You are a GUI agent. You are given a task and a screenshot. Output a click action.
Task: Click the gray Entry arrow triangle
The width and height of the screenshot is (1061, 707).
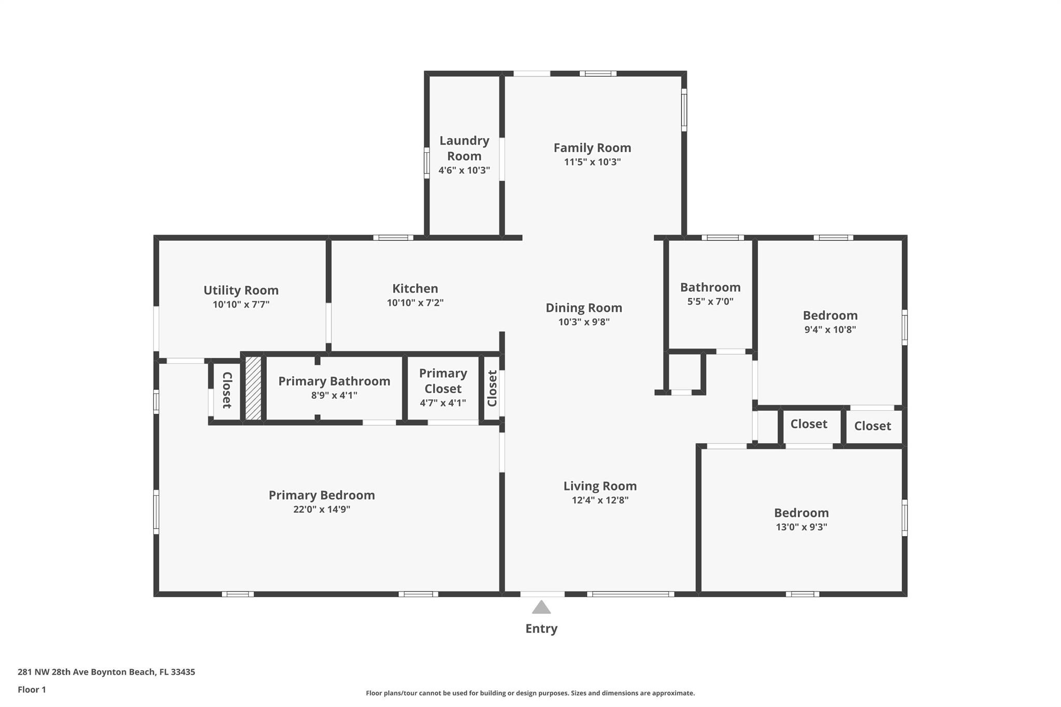click(541, 608)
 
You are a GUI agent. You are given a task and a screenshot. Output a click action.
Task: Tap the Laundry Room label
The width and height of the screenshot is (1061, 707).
click(464, 148)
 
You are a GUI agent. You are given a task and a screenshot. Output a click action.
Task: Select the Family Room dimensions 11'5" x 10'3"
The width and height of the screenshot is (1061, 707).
click(592, 162)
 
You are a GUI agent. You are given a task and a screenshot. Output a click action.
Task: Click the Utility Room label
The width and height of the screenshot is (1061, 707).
click(241, 290)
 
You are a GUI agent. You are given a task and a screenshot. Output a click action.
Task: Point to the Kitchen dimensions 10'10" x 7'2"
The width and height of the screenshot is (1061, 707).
click(415, 302)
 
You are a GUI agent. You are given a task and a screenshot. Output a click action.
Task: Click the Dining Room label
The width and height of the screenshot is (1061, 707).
click(584, 308)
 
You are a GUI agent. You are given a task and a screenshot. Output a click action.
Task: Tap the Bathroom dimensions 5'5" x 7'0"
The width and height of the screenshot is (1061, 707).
click(710, 301)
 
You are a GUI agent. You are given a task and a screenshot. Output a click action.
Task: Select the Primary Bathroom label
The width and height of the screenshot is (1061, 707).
click(334, 381)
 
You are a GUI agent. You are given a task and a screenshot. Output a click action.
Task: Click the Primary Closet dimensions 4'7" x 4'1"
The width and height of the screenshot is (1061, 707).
click(443, 402)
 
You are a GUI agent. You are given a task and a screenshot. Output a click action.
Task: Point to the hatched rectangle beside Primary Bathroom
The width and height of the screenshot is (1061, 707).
click(253, 388)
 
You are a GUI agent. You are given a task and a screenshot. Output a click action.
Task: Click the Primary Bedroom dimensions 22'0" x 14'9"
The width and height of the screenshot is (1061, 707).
click(322, 509)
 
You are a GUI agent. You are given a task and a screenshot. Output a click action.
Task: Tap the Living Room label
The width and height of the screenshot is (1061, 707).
click(600, 486)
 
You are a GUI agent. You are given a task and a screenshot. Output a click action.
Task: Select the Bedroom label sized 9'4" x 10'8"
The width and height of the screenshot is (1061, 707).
click(830, 315)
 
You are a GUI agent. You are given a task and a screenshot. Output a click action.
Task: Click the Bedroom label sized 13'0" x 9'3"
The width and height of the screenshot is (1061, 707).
click(801, 513)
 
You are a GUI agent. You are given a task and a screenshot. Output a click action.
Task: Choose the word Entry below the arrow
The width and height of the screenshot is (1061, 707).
click(541, 628)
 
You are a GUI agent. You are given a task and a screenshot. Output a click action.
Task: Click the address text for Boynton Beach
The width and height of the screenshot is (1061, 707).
click(106, 672)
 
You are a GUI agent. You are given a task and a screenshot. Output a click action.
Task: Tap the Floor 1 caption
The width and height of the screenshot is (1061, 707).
click(32, 689)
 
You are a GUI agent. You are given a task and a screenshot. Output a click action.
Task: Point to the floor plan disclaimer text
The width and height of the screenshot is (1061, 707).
click(530, 693)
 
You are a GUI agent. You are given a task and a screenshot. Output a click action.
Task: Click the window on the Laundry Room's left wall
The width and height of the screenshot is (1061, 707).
click(426, 163)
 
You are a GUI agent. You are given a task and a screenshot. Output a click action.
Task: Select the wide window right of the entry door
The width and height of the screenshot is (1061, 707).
click(630, 594)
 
